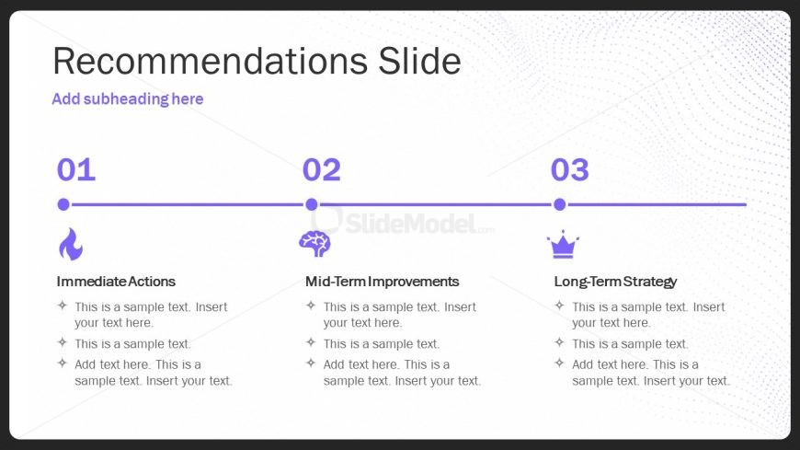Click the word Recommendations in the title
211,61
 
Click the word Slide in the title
419,61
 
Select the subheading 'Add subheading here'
128,98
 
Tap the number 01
76,169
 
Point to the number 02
322,169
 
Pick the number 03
569,169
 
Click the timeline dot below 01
63,204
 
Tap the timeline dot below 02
311,204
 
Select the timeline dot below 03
560,204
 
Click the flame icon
71,244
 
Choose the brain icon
314,244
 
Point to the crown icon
563,245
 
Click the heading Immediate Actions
116,282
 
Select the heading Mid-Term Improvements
383,282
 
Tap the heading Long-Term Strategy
615,282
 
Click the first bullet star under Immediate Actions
63,306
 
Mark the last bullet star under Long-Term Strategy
560,363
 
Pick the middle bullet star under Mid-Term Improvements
311,342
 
